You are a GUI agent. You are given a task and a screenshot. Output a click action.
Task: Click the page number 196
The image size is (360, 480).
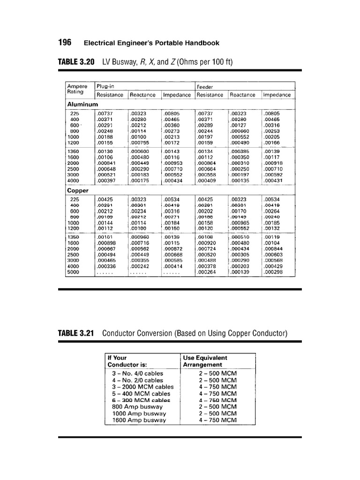pos(65,43)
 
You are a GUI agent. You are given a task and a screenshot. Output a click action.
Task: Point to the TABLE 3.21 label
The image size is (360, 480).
pos(76,333)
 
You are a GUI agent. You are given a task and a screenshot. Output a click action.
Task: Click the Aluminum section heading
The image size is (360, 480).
pos(82,104)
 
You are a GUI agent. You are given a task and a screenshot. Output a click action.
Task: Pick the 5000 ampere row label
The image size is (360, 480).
pos(74,271)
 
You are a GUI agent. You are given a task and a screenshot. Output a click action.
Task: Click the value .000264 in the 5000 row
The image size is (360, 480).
pos(208,271)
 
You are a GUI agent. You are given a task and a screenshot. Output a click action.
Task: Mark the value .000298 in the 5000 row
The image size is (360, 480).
pos(274,271)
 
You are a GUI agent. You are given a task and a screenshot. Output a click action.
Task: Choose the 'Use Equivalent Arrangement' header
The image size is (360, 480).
pos(205,361)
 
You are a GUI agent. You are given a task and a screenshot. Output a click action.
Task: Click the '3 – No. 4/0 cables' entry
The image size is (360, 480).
pos(138,373)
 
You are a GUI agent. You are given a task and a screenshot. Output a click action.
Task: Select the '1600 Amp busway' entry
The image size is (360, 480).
pos(139,420)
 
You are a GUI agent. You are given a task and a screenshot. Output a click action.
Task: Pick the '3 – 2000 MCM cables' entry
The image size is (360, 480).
pos(142,387)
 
